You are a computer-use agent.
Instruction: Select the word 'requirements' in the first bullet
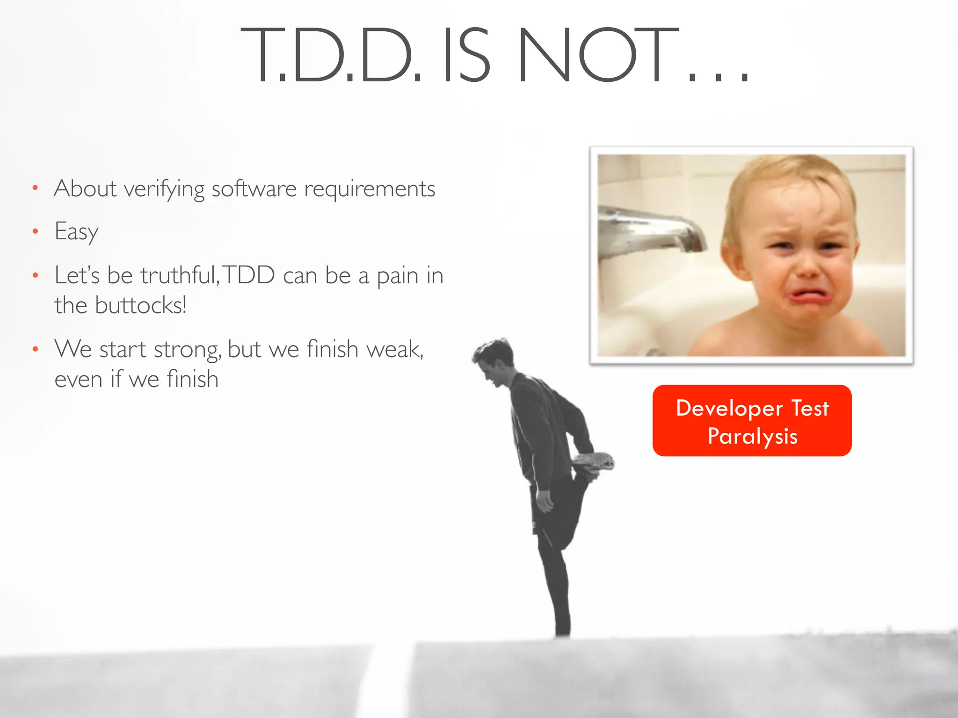click(370, 189)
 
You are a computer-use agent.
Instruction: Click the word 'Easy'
click(76, 231)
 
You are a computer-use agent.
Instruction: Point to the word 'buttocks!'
click(140, 305)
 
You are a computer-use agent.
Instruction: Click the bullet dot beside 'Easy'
click(35, 231)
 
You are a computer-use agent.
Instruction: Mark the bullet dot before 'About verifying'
click(35, 188)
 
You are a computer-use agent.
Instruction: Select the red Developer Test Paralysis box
click(752, 420)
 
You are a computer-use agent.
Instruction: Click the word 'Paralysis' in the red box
click(752, 436)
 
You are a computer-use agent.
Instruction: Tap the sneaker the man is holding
click(594, 460)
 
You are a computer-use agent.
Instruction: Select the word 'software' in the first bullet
click(254, 189)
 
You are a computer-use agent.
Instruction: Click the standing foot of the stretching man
click(562, 631)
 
